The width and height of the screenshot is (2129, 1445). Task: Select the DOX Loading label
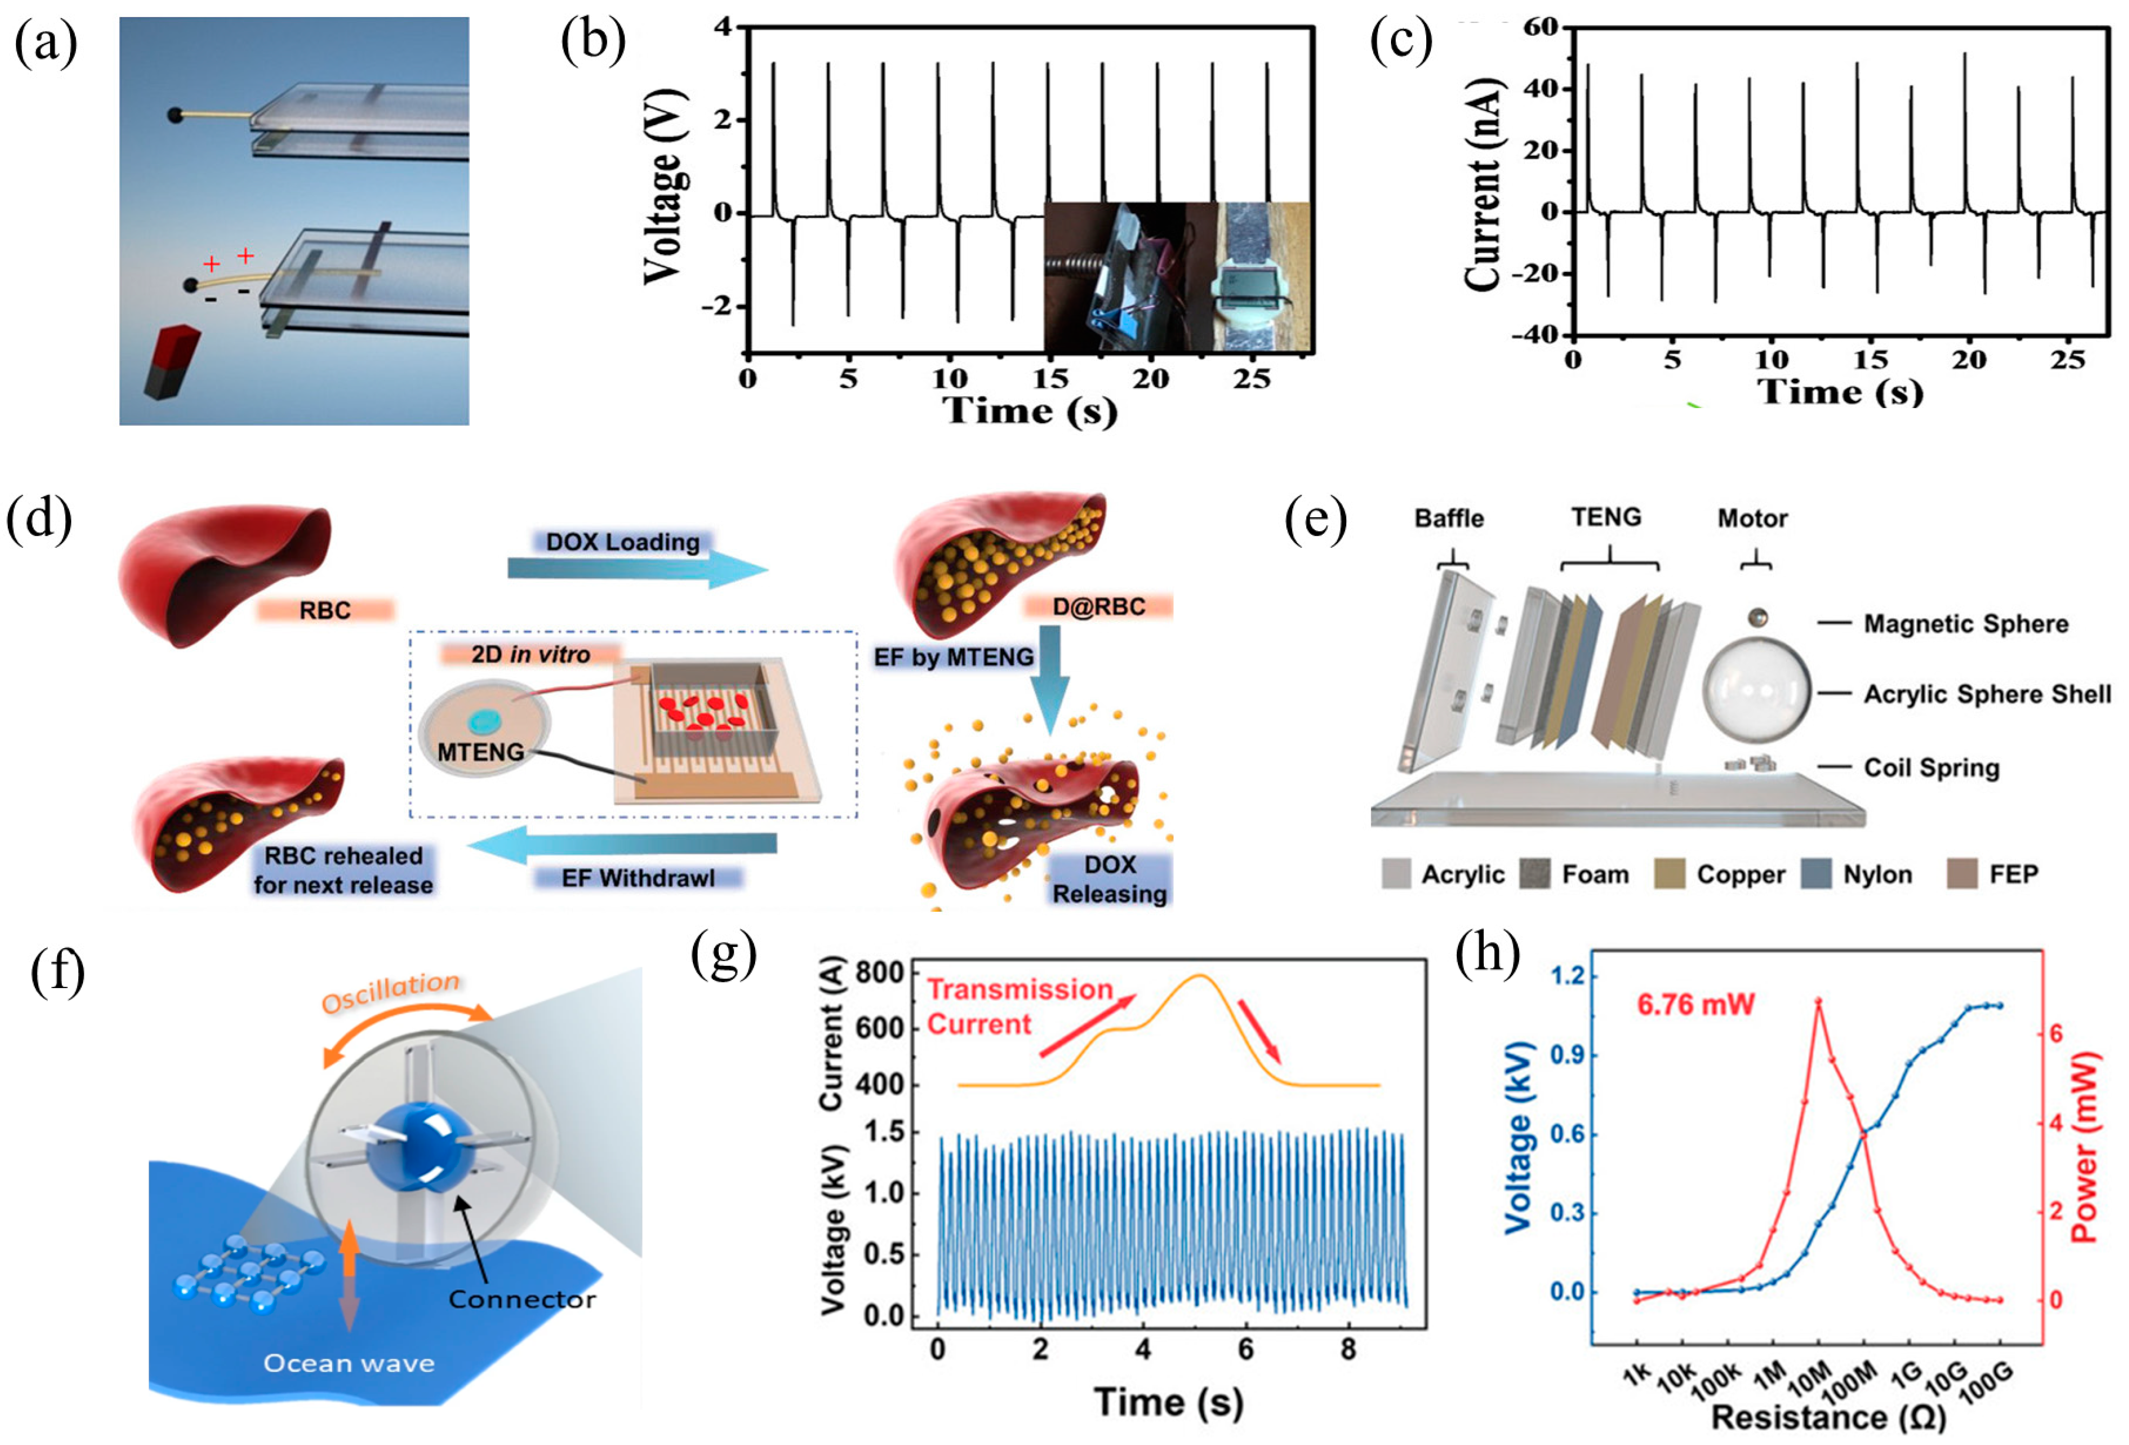point(623,542)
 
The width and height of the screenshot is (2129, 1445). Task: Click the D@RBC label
point(1098,606)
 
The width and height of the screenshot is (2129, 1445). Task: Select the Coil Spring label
point(1931,768)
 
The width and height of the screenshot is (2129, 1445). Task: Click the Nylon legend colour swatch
point(1816,873)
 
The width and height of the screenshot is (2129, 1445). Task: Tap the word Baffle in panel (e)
point(1449,518)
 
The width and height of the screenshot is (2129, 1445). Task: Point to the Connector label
point(522,1299)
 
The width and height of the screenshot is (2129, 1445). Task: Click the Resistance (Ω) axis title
point(1827,1416)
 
